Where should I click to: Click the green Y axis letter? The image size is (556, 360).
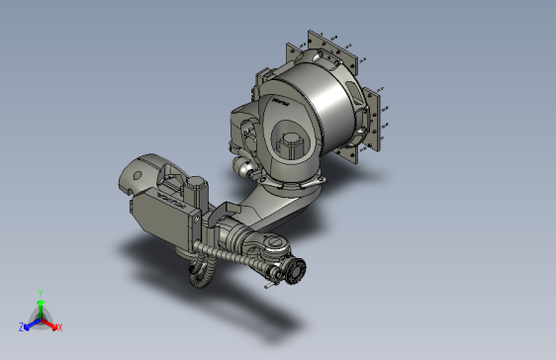coord(40,292)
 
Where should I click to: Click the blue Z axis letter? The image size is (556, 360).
coord(21,326)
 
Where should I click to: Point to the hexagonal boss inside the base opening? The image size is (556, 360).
coord(293,142)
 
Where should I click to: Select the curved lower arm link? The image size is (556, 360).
coord(282,203)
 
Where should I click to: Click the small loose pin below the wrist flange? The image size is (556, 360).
coord(268,287)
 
